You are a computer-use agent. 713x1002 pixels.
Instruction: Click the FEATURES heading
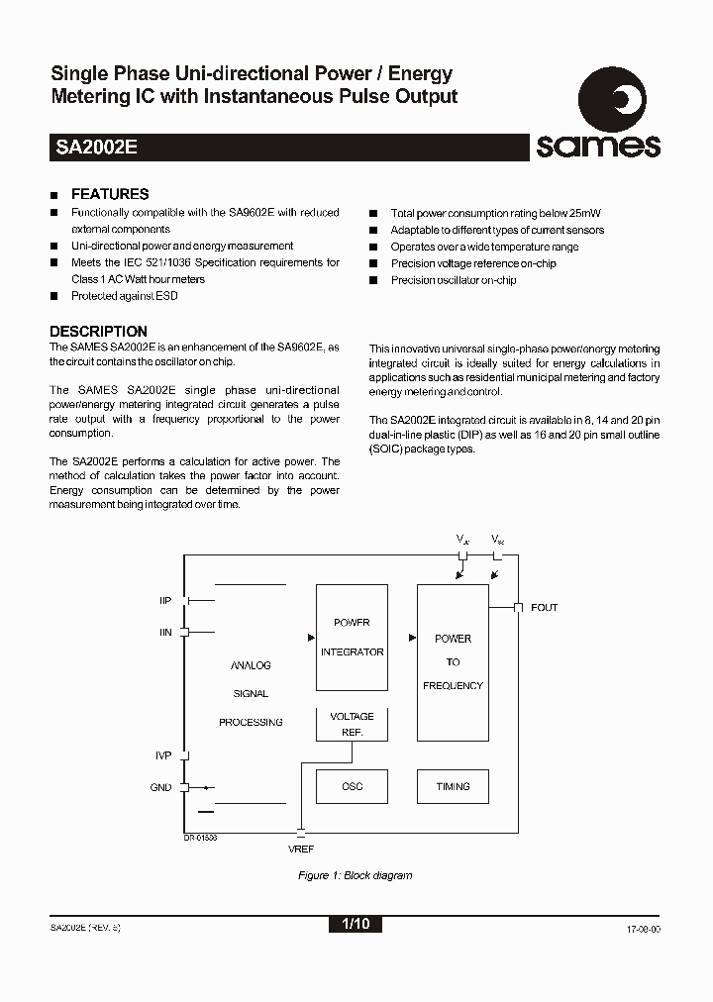(x=110, y=194)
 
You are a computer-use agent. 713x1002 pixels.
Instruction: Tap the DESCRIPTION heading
(x=98, y=331)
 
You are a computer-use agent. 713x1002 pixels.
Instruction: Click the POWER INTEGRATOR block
(x=352, y=638)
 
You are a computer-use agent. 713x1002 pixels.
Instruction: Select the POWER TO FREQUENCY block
(x=453, y=661)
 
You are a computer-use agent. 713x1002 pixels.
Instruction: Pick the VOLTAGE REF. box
(x=352, y=724)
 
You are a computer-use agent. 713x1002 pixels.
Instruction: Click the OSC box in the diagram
(x=352, y=786)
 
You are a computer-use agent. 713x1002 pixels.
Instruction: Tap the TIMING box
(x=453, y=786)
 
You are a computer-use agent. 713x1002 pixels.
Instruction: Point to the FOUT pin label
(x=544, y=607)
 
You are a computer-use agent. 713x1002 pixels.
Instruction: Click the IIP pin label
(x=165, y=600)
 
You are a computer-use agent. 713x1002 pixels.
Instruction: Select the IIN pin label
(x=165, y=632)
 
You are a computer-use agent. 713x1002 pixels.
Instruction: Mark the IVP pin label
(x=164, y=755)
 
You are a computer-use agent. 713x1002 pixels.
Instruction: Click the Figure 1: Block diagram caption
(x=355, y=875)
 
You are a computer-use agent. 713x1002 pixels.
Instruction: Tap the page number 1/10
(x=355, y=925)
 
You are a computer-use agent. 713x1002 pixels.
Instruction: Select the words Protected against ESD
(x=124, y=296)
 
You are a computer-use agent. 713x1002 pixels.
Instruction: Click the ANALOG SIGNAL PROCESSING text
(x=251, y=693)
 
